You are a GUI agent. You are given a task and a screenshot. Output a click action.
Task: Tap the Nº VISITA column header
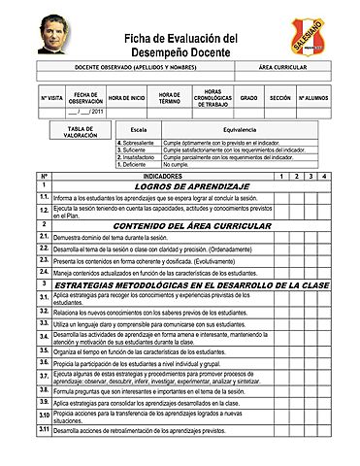[51, 99]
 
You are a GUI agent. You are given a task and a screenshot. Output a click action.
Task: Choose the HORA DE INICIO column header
[127, 99]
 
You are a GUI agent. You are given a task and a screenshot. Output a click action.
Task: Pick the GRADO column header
[248, 99]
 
